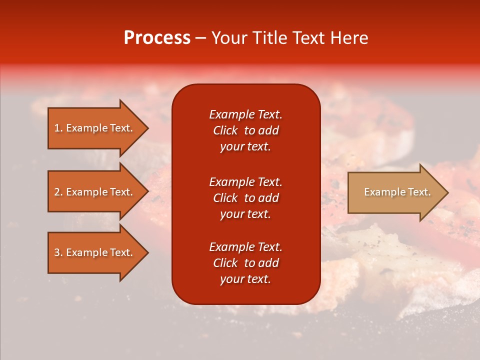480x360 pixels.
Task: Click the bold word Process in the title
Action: pyautogui.click(x=157, y=38)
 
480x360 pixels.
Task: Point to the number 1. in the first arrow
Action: pyautogui.click(x=58, y=128)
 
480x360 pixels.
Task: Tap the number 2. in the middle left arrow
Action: pyautogui.click(x=58, y=192)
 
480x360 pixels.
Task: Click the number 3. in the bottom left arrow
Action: pyautogui.click(x=58, y=252)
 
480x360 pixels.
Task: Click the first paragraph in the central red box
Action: pyautogui.click(x=245, y=130)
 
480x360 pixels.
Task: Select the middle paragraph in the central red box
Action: pyautogui.click(x=245, y=198)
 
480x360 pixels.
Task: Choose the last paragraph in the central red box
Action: pyautogui.click(x=245, y=263)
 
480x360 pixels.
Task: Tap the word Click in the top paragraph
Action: pyautogui.click(x=225, y=130)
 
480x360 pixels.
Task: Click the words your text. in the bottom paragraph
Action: pyautogui.click(x=245, y=279)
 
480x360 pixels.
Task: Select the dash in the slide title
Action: pyautogui.click(x=200, y=38)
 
